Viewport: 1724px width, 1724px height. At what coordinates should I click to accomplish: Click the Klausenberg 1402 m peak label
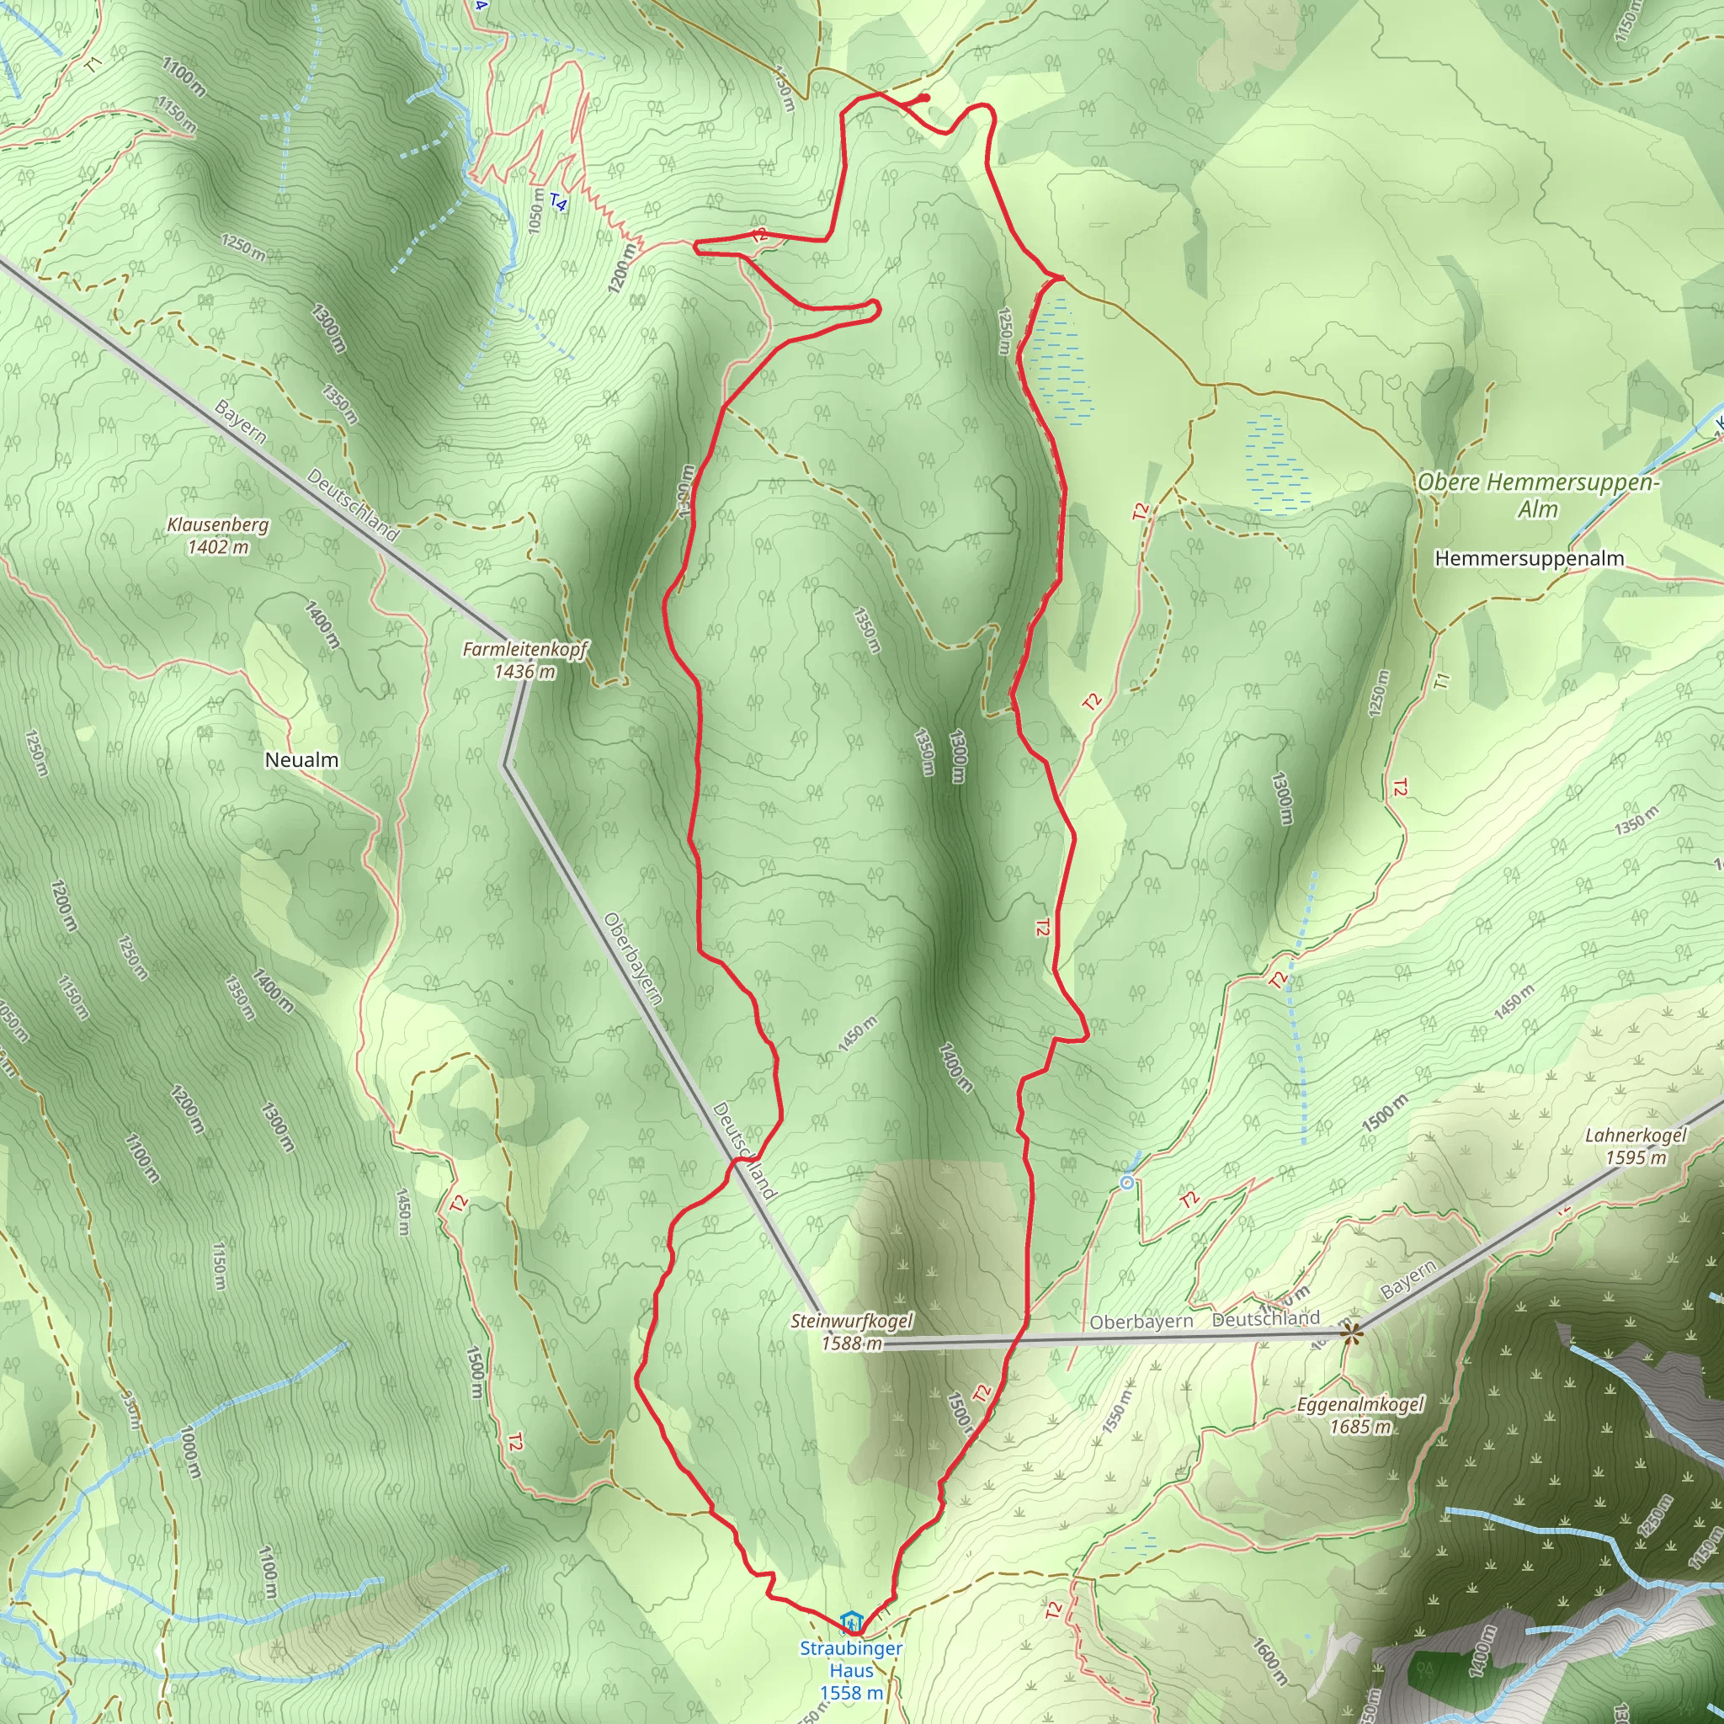pos(218,535)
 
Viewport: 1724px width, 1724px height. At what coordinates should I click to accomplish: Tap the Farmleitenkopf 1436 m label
pos(524,660)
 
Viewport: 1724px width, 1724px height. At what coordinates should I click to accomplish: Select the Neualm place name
pos(301,760)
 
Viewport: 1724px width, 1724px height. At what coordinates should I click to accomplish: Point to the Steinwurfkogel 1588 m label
pos(851,1332)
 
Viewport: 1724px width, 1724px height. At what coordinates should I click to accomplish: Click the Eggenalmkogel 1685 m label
pos(1360,1415)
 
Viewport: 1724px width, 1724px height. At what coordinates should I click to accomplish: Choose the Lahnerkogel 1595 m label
pos(1636,1147)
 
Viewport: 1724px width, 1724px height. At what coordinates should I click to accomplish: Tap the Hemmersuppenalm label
pos(1529,559)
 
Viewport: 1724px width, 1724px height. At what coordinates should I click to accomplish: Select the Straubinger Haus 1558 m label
pos(851,1670)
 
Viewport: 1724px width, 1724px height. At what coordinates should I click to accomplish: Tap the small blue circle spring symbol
pos(1127,1184)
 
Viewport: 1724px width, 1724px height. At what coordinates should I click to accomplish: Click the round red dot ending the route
pos(925,98)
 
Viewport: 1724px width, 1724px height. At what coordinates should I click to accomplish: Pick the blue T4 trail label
pos(558,204)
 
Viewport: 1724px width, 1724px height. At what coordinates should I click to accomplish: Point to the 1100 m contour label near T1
pos(184,77)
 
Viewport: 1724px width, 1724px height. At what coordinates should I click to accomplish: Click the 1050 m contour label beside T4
pos(535,210)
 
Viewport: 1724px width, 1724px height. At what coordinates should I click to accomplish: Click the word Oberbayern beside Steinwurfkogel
pos(1141,1322)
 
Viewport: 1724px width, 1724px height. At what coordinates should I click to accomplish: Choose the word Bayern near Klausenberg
pos(239,421)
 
